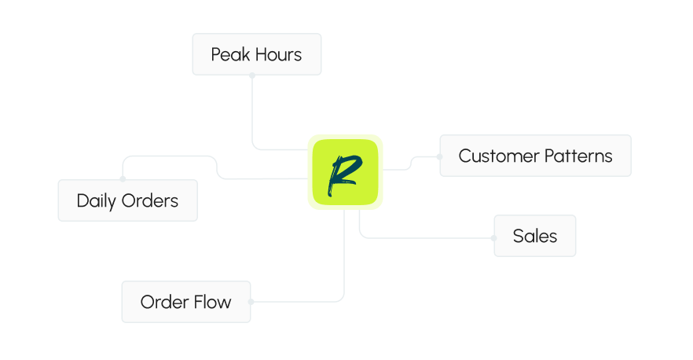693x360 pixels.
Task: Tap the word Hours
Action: tap(277, 55)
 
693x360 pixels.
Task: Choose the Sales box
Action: tap(535, 236)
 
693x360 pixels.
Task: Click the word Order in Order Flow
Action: tap(163, 302)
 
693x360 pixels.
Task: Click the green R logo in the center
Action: tap(345, 172)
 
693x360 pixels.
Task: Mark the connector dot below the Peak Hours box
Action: tap(252, 75)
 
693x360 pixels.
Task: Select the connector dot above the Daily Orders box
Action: tap(123, 179)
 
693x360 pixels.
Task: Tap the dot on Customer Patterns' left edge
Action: tap(439, 156)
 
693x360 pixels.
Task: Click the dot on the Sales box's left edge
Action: tap(494, 237)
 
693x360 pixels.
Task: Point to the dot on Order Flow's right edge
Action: tap(251, 301)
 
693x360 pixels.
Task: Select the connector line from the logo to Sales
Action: tap(424, 237)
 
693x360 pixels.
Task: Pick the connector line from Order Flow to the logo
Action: tap(344, 259)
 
